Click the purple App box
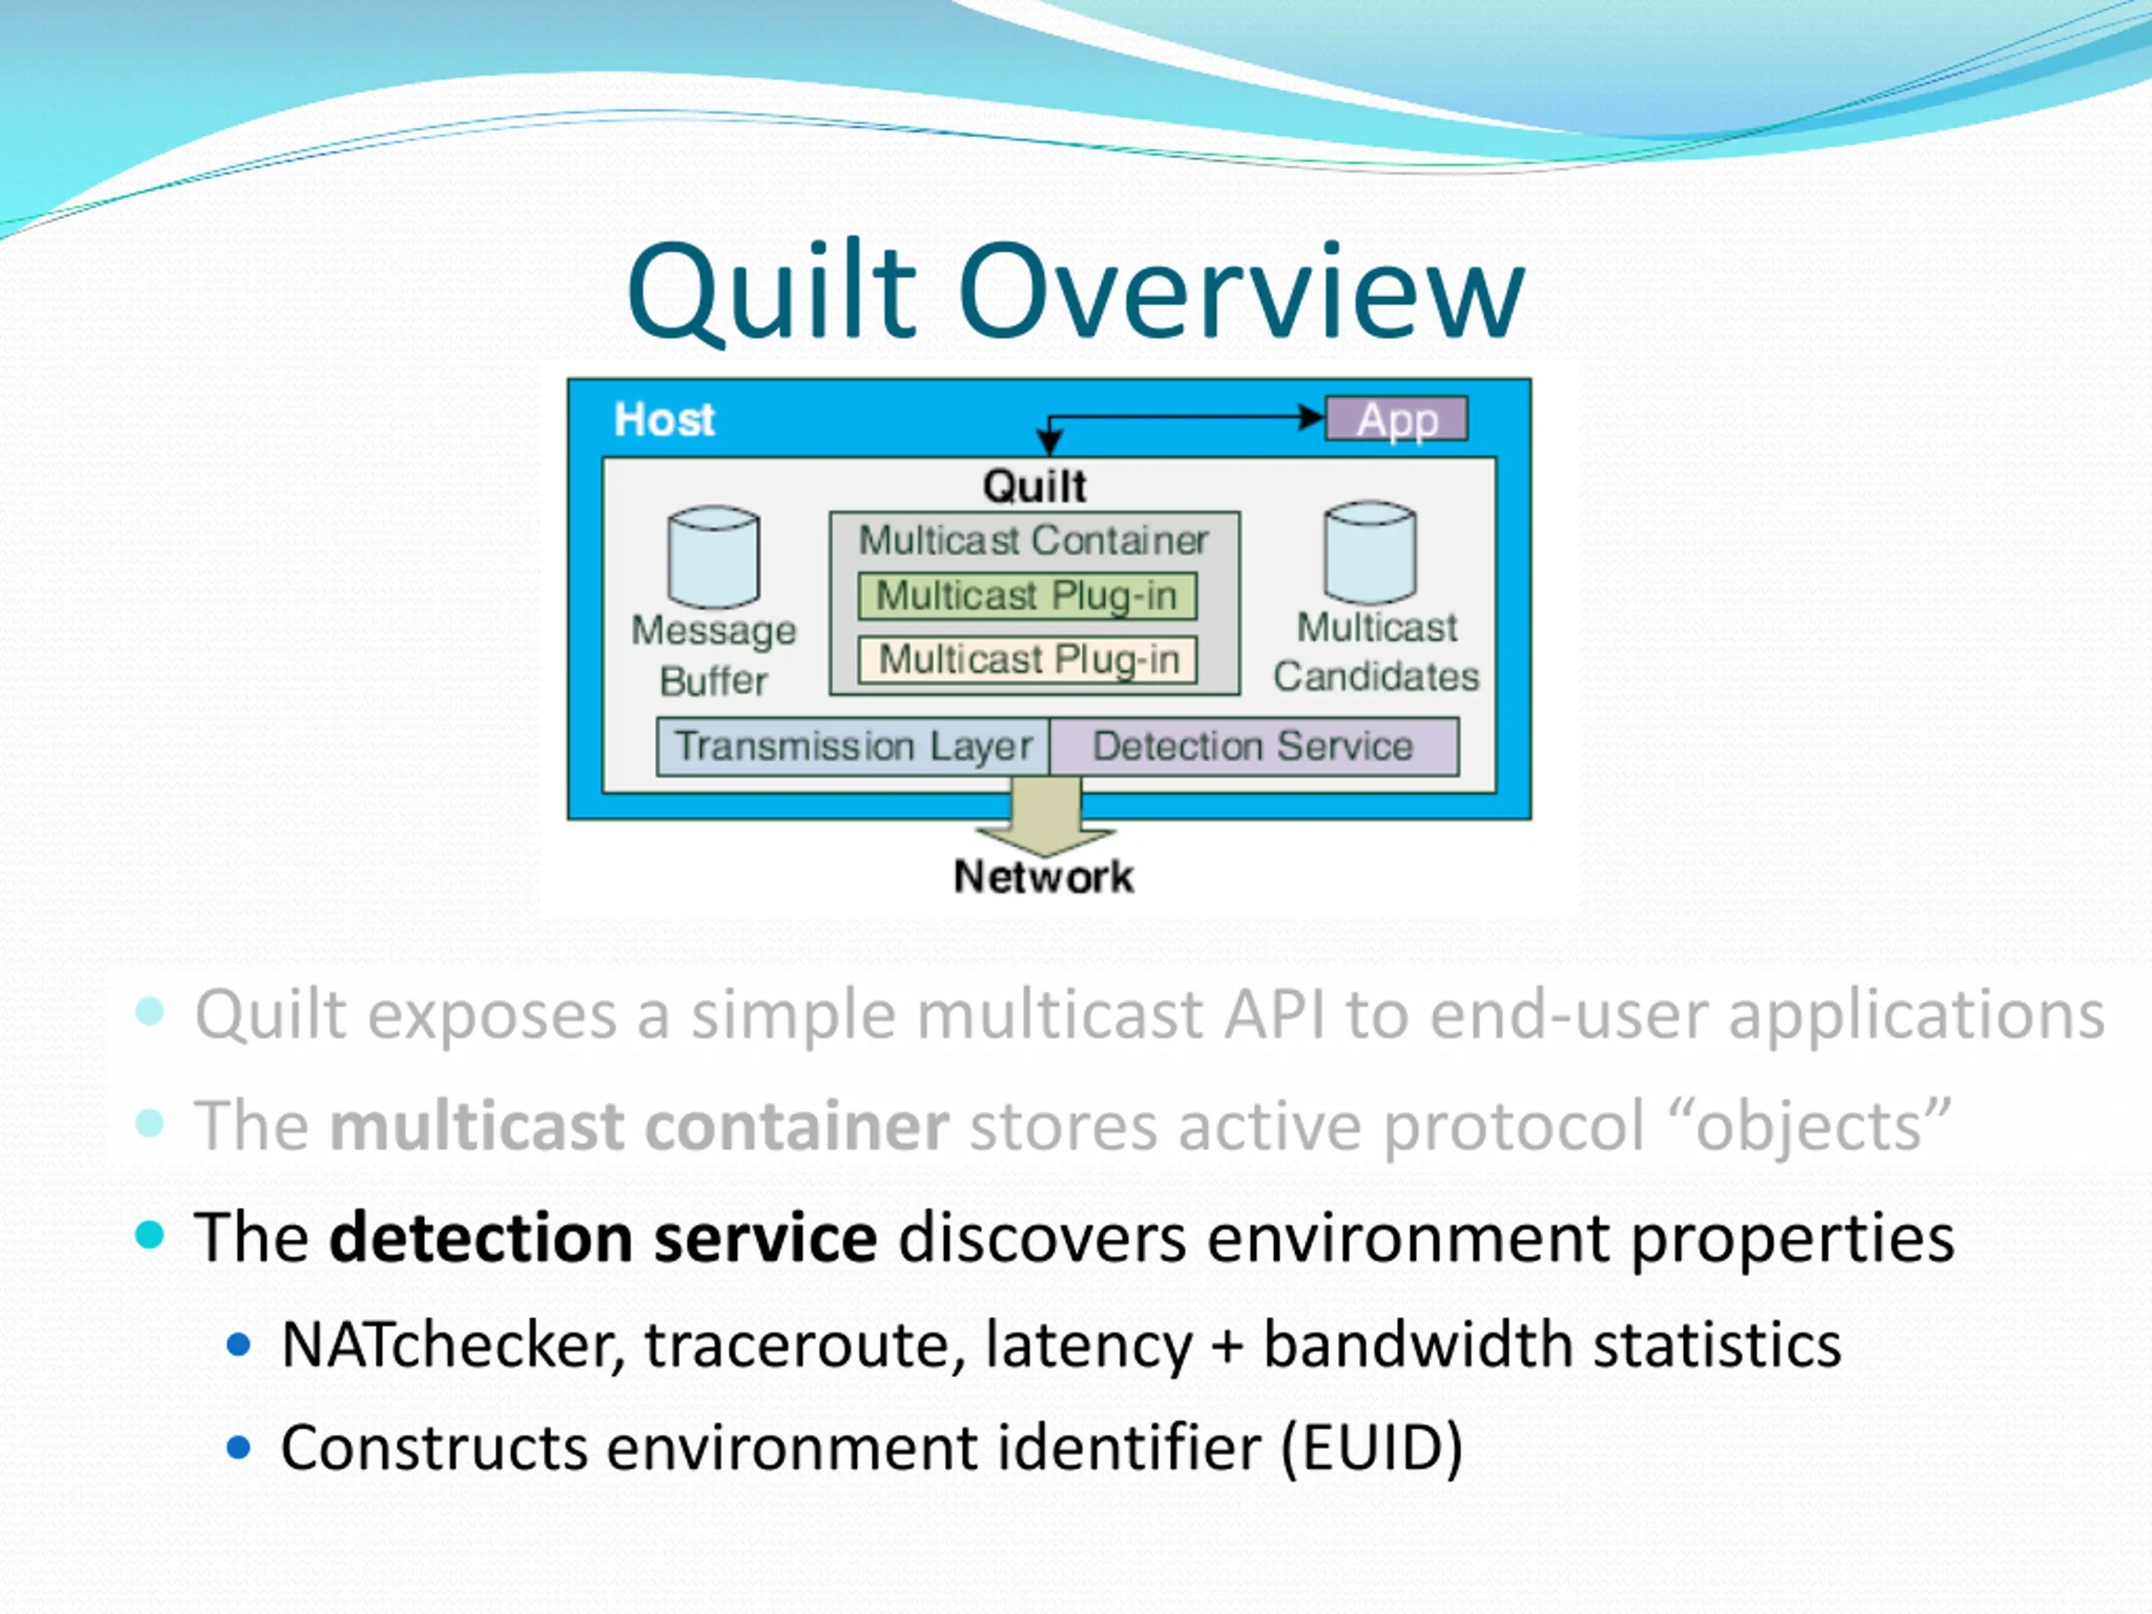(1396, 419)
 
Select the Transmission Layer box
(853, 746)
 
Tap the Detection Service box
(1254, 746)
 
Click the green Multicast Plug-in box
(1027, 595)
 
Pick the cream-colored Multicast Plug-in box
(1027, 660)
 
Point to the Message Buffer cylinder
(714, 556)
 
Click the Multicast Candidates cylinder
(1370, 552)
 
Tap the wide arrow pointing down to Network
(1046, 815)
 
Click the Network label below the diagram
(1043, 877)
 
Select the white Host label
(664, 419)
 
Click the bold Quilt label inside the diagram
(1034, 486)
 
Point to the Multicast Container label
(1033, 540)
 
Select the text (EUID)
(1372, 1448)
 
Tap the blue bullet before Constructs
(239, 1448)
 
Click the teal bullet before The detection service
(150, 1236)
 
